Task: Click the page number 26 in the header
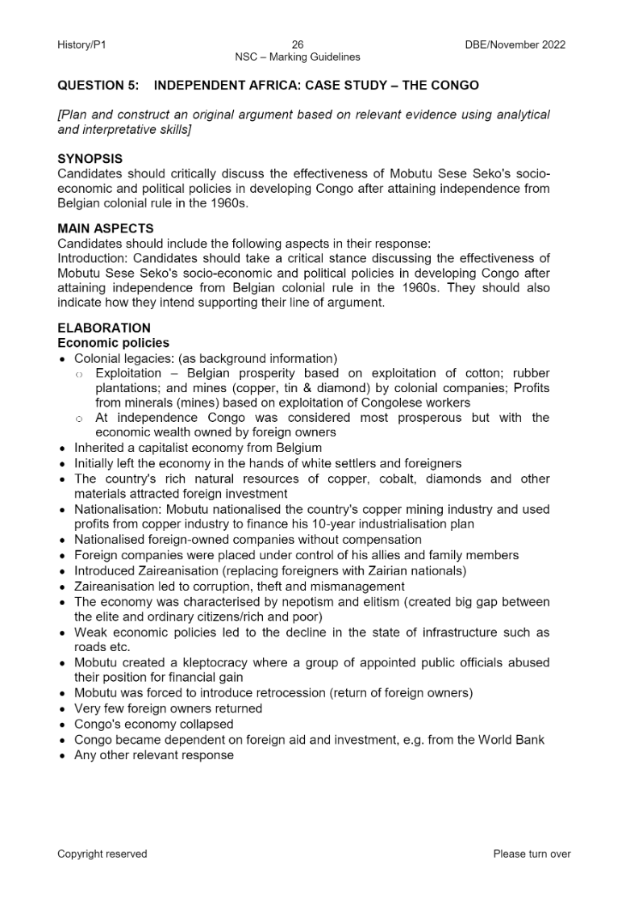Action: click(x=298, y=45)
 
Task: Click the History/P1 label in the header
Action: click(x=81, y=45)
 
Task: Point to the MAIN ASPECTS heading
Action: click(x=105, y=229)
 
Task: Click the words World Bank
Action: click(x=512, y=740)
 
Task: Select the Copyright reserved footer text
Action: click(x=102, y=854)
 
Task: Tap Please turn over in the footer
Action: click(x=532, y=854)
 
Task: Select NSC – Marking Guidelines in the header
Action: click(x=298, y=57)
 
